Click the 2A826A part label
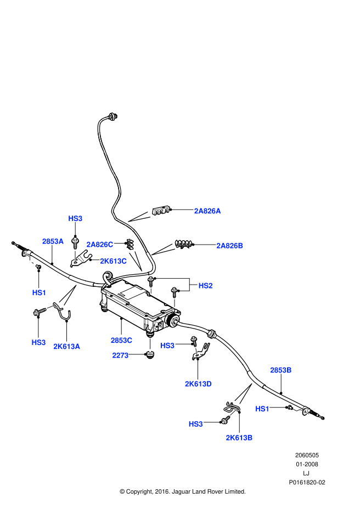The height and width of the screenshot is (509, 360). tap(207, 211)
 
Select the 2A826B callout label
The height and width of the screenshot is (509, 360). tap(229, 246)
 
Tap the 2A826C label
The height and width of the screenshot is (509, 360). tap(99, 244)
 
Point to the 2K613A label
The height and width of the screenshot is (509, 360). tap(66, 346)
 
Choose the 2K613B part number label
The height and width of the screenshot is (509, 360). tap(239, 437)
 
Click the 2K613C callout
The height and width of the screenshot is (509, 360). tap(113, 261)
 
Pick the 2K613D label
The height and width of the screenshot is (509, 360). tap(198, 384)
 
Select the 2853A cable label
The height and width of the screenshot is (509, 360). tap(53, 241)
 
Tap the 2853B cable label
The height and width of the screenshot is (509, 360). tap(280, 370)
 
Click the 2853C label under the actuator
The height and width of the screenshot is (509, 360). tap(121, 340)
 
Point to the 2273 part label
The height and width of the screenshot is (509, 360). tap(120, 355)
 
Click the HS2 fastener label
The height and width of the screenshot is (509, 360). tap(205, 286)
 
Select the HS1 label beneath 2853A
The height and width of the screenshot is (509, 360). tap(39, 293)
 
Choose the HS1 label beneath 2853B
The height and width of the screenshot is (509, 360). tap(263, 409)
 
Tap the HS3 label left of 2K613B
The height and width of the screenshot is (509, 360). tap(196, 424)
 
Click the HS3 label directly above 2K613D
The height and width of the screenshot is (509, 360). tap(167, 346)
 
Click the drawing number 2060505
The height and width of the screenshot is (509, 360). tap(307, 455)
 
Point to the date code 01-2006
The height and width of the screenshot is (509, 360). tap(307, 464)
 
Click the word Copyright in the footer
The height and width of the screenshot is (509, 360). tap(139, 491)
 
